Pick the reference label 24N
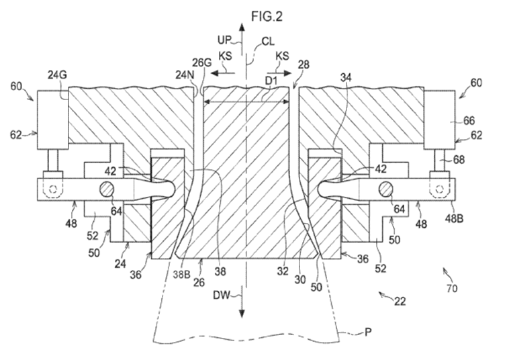click(184, 75)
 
